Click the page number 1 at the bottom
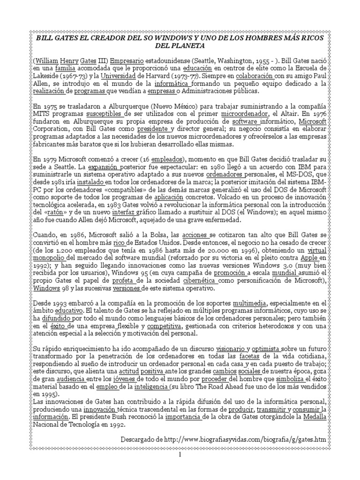coord(179,455)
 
